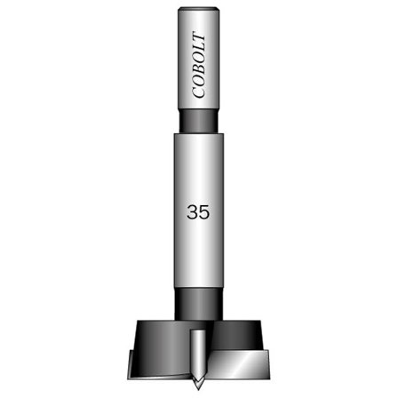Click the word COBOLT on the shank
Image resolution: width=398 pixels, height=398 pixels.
tap(199, 68)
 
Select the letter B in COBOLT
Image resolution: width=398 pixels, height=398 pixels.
tap(199, 72)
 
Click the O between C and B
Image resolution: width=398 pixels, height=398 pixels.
tap(199, 84)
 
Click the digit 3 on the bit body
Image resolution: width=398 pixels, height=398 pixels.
tap(193, 212)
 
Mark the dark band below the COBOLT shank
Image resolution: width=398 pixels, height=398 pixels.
tap(199, 121)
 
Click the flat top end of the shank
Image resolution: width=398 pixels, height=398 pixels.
tap(199, 10)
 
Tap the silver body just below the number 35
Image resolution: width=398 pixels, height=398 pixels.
tap(199, 253)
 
